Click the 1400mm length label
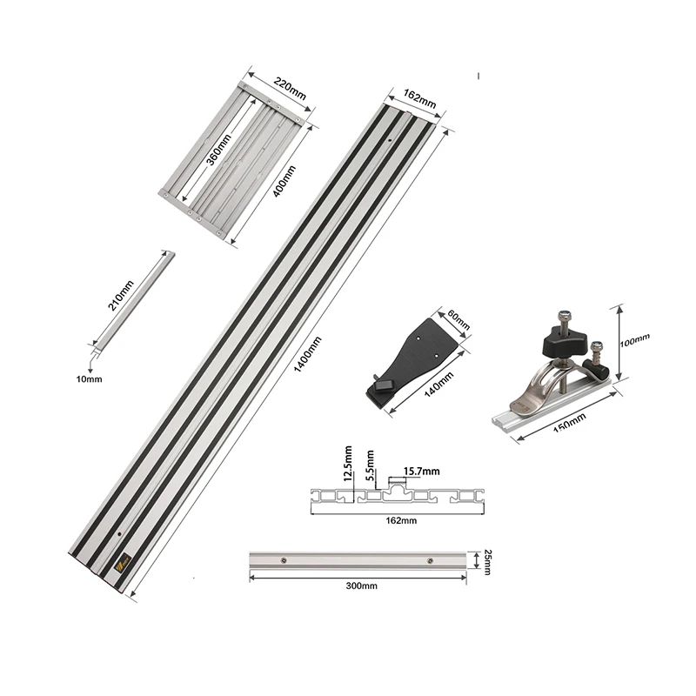(307, 354)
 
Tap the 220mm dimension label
(290, 89)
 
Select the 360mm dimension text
(219, 149)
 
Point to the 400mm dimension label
(284, 181)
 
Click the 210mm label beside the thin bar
(121, 296)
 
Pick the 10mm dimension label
(89, 379)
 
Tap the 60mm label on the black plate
(458, 319)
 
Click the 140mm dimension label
(439, 385)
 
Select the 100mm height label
(635, 340)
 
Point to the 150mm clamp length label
(570, 422)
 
